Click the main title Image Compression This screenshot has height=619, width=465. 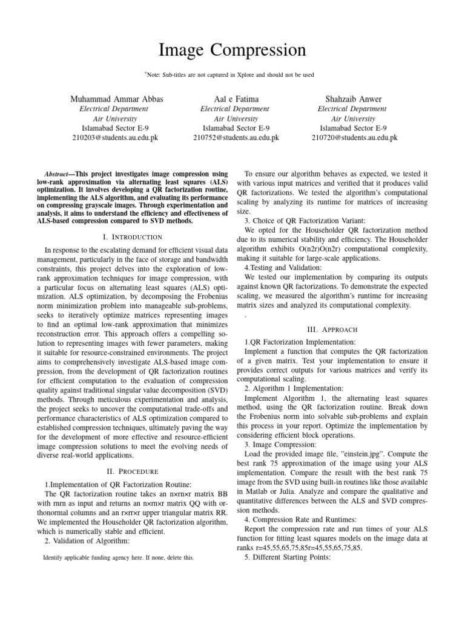pyautogui.click(x=232, y=49)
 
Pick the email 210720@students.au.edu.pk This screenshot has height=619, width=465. pyautogui.click(x=354, y=138)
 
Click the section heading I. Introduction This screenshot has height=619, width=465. pyautogui.click(x=132, y=237)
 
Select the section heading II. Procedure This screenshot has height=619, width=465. pyautogui.click(x=132, y=471)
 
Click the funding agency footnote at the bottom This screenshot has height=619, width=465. pyautogui.click(x=119, y=558)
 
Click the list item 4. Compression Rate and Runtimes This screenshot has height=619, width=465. pyautogui.click(x=301, y=519)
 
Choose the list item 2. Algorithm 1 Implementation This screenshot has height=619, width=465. pyautogui.click(x=293, y=387)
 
